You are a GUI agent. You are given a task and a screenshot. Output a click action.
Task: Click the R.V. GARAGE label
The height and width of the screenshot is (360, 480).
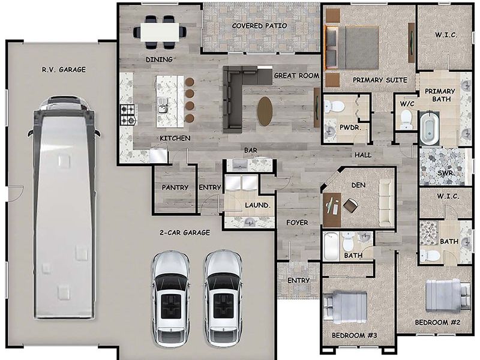pos(64,70)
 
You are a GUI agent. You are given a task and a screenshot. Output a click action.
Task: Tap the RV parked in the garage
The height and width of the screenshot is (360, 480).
pos(62,207)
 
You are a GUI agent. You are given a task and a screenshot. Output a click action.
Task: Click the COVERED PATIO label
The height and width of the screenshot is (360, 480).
pos(259,26)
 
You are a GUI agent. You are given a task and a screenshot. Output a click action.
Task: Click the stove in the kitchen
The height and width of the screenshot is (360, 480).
pos(128,115)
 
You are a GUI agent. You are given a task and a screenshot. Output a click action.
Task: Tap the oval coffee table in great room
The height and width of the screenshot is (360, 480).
pos(265,111)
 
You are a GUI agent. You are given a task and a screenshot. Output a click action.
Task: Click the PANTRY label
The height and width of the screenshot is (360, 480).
pos(175,187)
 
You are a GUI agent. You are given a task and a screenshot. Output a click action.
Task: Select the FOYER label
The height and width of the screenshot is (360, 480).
pos(297,223)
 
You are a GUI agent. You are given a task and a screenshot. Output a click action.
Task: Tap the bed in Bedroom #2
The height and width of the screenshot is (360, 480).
pos(447,296)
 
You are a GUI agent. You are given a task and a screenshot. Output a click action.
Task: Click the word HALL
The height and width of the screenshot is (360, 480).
pos(363,155)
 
